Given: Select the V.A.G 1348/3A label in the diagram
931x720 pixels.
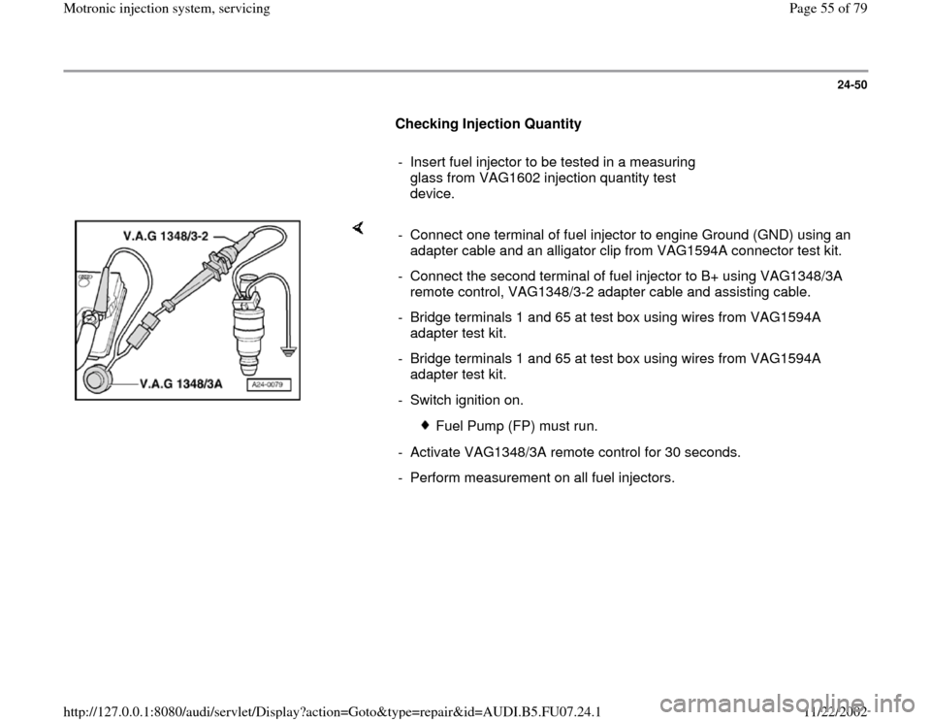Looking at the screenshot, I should [x=171, y=384].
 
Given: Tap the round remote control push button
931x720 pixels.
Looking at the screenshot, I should [x=97, y=378].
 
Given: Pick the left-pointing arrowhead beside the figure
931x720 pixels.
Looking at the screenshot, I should [x=357, y=228].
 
